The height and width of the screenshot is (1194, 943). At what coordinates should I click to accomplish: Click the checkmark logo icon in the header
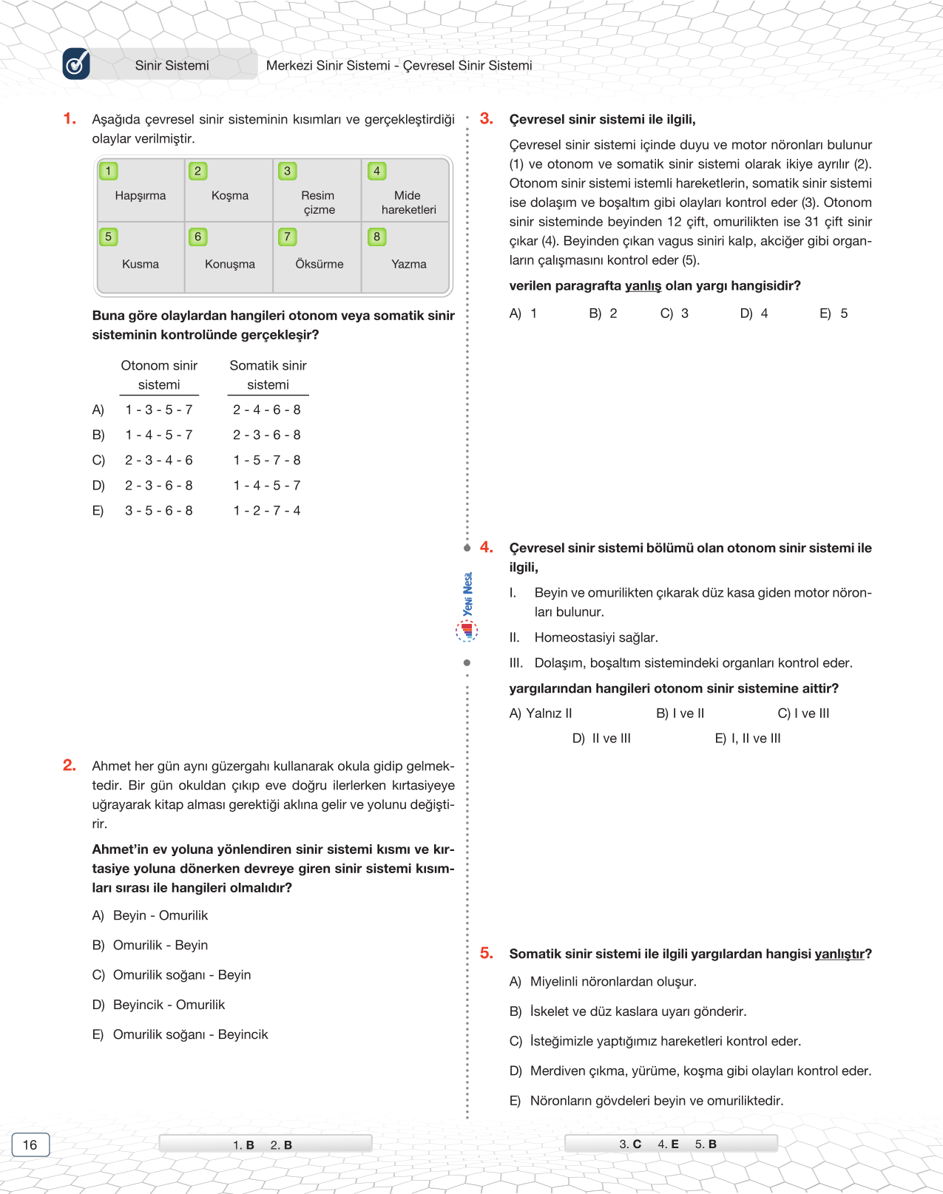(x=76, y=64)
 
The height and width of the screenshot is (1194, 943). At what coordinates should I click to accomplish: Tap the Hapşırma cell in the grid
(x=141, y=196)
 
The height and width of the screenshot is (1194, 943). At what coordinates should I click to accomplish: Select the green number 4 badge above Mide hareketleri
(x=376, y=171)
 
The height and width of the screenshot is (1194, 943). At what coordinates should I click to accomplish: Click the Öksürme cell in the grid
(x=319, y=264)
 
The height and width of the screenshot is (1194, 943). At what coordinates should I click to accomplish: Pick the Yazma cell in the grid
(x=408, y=264)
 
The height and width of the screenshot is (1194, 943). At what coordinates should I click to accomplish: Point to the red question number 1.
(x=70, y=118)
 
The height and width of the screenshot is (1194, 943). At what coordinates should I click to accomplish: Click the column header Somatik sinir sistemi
(x=268, y=375)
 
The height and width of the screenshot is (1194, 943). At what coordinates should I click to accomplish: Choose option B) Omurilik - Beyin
(x=150, y=945)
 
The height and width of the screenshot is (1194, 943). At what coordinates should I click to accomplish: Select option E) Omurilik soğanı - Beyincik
(x=180, y=1034)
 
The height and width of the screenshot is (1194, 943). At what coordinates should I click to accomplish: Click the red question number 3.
(x=486, y=118)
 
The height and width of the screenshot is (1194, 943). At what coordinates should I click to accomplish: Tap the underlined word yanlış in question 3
(x=643, y=286)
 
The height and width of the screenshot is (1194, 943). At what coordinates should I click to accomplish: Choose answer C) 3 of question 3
(x=674, y=313)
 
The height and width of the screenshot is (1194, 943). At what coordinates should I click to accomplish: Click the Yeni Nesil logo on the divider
(x=467, y=606)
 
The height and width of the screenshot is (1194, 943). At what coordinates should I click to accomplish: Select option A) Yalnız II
(x=541, y=713)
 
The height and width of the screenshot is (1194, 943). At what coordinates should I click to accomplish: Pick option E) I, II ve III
(x=747, y=739)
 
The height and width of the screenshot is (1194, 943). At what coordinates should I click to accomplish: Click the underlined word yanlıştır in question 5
(x=839, y=954)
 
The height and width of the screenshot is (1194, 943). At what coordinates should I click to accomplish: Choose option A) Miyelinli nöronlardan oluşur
(x=603, y=982)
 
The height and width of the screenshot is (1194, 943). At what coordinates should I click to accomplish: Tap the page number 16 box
(x=30, y=1144)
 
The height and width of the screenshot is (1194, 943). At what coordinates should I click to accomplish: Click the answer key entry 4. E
(x=668, y=1144)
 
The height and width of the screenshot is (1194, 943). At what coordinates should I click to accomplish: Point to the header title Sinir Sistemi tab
(x=172, y=65)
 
